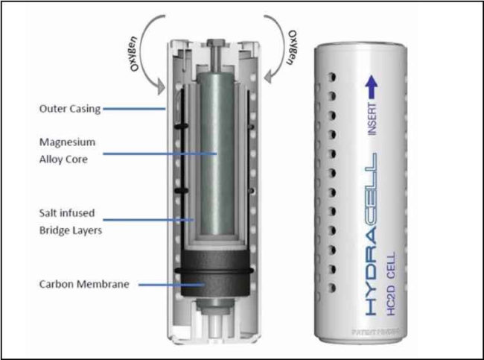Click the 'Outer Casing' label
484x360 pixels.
70,110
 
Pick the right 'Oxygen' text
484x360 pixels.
295,46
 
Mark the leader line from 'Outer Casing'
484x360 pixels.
134,110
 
